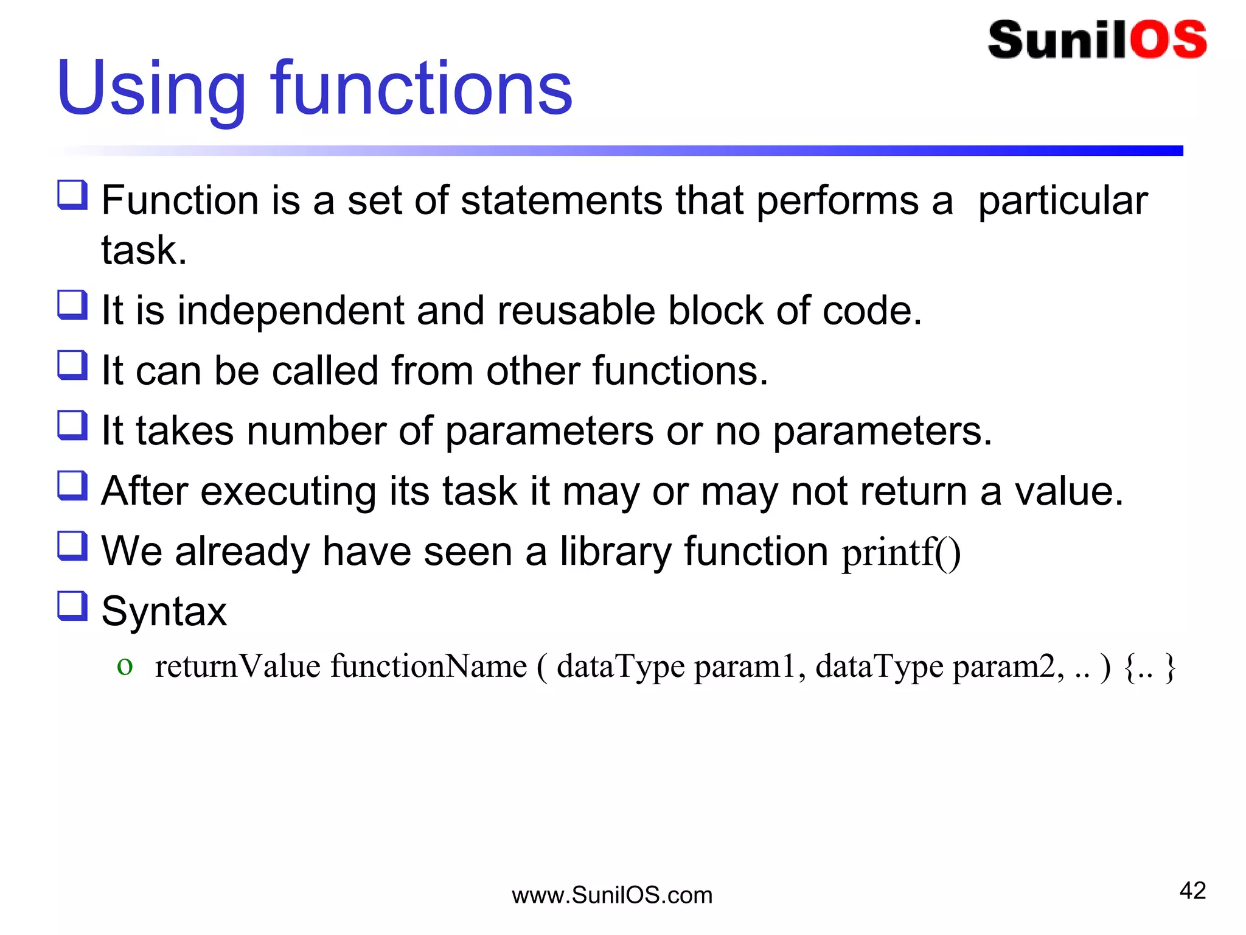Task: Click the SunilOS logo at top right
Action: tap(1097, 40)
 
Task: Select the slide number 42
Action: tap(1192, 891)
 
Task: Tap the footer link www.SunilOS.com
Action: tap(612, 895)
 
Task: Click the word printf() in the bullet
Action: tap(901, 553)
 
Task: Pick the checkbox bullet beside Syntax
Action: tap(72, 606)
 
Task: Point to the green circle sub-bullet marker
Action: tap(125, 667)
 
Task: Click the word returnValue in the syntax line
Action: tap(238, 666)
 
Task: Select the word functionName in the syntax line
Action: tap(429, 666)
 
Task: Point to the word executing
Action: tap(288, 492)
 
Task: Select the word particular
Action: tap(1062, 201)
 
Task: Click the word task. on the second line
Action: tap(144, 250)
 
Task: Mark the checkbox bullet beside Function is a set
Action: tap(72, 195)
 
